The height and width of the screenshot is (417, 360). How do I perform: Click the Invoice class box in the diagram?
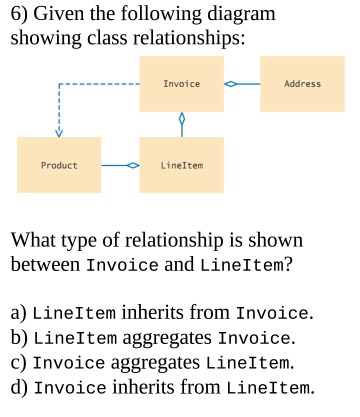coord(181,84)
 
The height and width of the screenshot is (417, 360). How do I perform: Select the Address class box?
coord(302,84)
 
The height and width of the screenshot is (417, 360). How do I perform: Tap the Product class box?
coord(58,164)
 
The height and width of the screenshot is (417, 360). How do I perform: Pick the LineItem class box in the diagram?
coord(181,164)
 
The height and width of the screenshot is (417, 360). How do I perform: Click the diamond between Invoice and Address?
coord(231,84)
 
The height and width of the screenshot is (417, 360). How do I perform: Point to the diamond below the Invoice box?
coord(181,119)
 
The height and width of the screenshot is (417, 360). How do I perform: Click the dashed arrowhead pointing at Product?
coord(58,131)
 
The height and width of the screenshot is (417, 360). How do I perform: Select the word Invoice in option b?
coord(254,337)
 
